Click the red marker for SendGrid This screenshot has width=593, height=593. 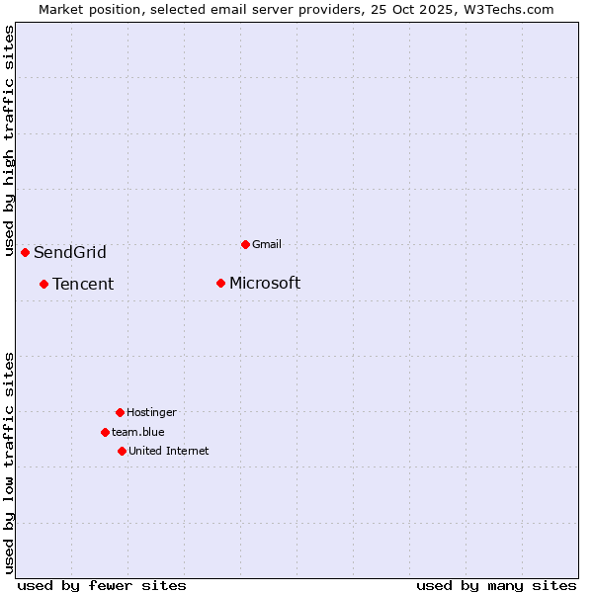tap(25, 252)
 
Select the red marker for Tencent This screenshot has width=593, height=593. tap(43, 284)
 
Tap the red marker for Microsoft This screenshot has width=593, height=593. tap(220, 284)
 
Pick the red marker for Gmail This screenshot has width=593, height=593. tap(245, 244)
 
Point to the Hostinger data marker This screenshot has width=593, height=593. tap(120, 412)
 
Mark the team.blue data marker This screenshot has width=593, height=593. tap(105, 432)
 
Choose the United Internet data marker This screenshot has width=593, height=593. tap(122, 451)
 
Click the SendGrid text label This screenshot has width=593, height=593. tap(69, 252)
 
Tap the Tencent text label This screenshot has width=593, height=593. tap(83, 285)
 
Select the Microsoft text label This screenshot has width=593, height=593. tap(265, 284)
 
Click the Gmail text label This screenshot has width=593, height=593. tap(267, 244)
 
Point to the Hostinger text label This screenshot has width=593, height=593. tap(151, 412)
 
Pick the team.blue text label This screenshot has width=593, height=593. tap(138, 432)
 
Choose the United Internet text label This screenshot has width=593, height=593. tap(168, 451)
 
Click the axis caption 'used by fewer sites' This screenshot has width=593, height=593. tap(102, 585)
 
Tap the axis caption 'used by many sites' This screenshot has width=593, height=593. tap(496, 585)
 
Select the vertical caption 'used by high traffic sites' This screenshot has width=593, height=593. tap(10, 140)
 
